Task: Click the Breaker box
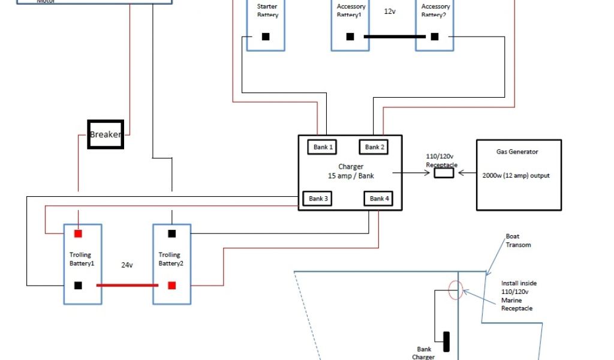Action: click(106, 134)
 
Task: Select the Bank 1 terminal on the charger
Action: click(323, 147)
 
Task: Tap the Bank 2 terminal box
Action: click(375, 147)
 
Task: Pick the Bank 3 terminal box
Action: click(318, 199)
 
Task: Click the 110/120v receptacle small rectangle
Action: click(444, 173)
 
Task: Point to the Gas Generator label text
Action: click(517, 152)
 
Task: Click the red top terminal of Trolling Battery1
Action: click(78, 233)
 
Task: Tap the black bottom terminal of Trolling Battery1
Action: click(78, 285)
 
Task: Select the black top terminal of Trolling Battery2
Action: click(172, 233)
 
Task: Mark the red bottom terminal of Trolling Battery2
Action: click(172, 285)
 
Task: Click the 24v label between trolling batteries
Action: click(127, 264)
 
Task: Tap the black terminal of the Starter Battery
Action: click(266, 37)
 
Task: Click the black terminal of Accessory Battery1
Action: click(350, 37)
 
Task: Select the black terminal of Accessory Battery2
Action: click(435, 37)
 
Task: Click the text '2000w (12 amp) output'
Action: click(516, 176)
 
